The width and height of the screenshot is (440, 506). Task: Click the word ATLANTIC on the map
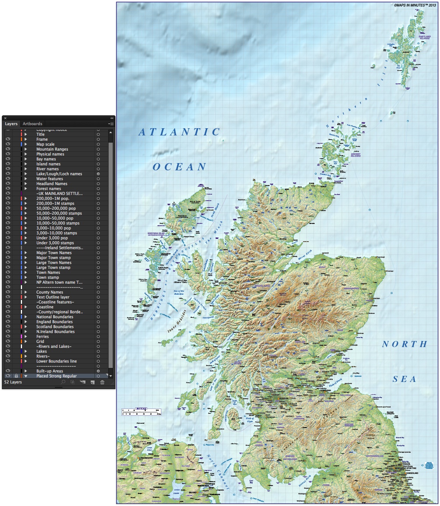pos(179,132)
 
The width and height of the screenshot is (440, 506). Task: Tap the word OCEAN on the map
pos(180,167)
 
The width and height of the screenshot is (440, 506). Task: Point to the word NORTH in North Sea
pos(404,344)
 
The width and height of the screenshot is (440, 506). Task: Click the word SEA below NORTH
pos(404,379)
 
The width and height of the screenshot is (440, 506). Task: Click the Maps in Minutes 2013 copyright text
pos(415,5)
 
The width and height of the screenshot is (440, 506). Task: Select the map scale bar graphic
pos(141,412)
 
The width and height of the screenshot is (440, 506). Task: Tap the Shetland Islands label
pos(424,38)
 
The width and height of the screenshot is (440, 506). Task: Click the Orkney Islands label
pos(356,155)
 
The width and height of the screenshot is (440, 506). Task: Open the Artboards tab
pos(32,124)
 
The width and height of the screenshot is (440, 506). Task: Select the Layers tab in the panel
pos(11,124)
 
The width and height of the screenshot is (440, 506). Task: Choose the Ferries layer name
pos(43,336)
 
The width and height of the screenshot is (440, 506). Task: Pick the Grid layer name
pos(40,341)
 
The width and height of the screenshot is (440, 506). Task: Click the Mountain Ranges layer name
pos(52,149)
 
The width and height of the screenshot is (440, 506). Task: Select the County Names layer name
pos(50,292)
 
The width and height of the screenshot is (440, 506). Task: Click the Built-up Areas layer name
pos(50,371)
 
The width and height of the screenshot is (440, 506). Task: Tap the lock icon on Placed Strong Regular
pos(16,376)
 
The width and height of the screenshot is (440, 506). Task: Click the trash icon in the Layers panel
pos(102,382)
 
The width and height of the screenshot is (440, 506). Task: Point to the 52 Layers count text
pos(13,382)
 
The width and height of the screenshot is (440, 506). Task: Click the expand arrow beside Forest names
pos(26,189)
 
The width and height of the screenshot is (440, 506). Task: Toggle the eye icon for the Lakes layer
pos(8,351)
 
